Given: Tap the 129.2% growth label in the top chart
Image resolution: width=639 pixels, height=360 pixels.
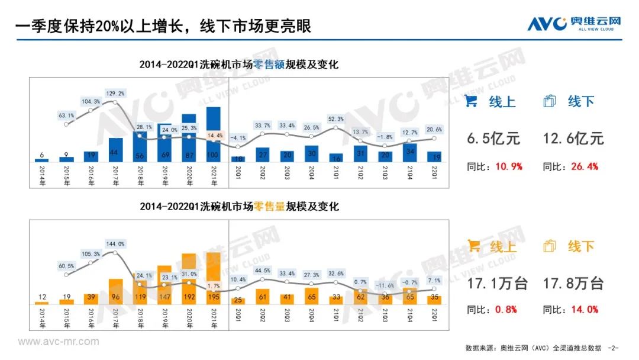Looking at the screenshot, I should click(x=115, y=94).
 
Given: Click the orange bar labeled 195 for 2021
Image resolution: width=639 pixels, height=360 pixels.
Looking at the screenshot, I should click(x=213, y=278).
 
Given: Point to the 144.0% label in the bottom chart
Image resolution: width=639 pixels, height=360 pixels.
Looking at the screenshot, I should click(x=115, y=244).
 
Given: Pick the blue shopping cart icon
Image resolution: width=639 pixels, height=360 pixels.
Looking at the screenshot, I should click(x=471, y=101).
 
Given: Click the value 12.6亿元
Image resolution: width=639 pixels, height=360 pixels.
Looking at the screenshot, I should click(x=574, y=139).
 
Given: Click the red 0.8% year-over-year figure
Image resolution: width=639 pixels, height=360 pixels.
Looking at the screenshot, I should click(x=508, y=310).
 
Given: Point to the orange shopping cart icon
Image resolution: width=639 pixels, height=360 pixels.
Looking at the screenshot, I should click(x=473, y=246).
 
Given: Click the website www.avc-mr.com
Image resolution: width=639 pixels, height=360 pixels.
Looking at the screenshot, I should click(x=59, y=342).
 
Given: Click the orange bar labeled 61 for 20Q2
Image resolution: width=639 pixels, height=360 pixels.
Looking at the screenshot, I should click(x=262, y=296).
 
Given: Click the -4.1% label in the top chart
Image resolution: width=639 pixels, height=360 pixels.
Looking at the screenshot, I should click(x=238, y=138).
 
